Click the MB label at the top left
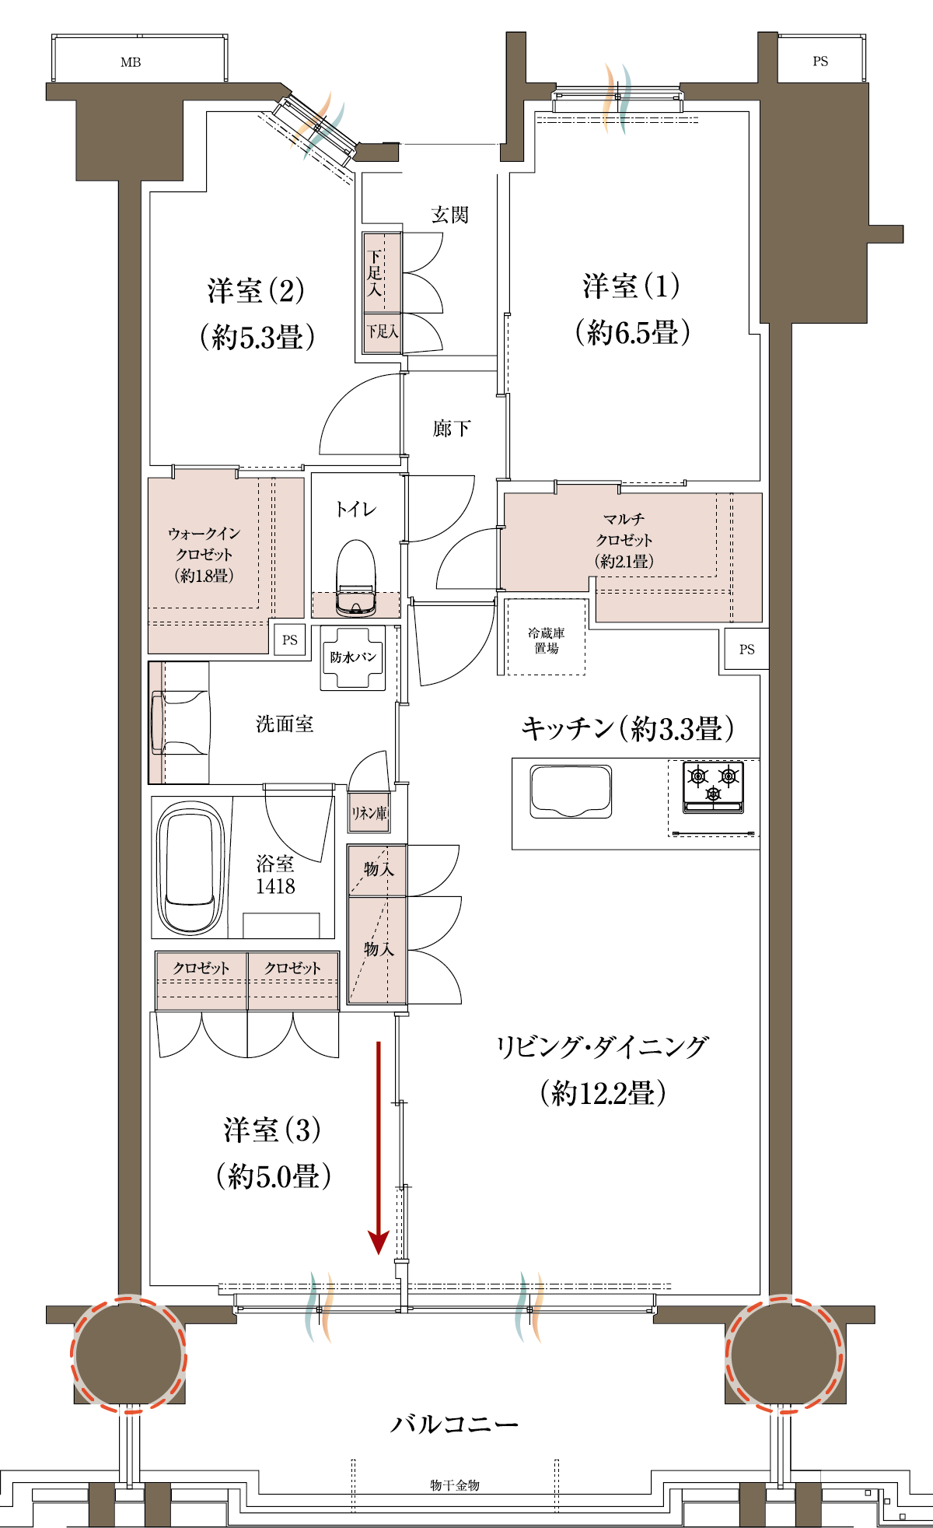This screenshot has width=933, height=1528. pos(131,62)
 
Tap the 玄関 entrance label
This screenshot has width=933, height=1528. pos(450,214)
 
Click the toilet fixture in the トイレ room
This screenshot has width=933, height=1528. pos(356,577)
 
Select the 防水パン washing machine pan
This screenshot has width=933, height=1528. pos(354,657)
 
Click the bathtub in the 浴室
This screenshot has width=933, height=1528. pos(190,867)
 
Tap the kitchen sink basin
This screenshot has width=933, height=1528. pos(571,791)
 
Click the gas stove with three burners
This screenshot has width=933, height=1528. pos(713,787)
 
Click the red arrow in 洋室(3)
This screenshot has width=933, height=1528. pos(379,1148)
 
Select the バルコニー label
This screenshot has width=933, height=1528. pos(454,1425)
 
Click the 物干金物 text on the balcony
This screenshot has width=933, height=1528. pos(455,1485)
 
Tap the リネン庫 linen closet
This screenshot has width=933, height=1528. pos(369,813)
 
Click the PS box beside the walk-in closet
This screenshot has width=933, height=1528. pos(290,640)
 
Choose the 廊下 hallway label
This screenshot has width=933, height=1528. pos(451,428)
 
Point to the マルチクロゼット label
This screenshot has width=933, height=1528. pos(624,529)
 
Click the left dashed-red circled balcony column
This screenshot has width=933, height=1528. pos(129,1355)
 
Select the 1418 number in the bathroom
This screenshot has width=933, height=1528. pos(275,886)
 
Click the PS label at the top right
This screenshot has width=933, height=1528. pos(820,61)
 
